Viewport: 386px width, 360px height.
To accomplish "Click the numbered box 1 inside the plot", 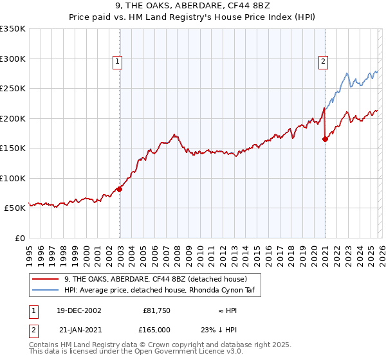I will coord(119,62).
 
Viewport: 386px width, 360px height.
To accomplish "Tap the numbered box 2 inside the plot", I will coord(324,62).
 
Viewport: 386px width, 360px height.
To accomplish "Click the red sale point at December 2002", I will coord(120,190).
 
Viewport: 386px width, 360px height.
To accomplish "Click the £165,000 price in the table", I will coord(156,329).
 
